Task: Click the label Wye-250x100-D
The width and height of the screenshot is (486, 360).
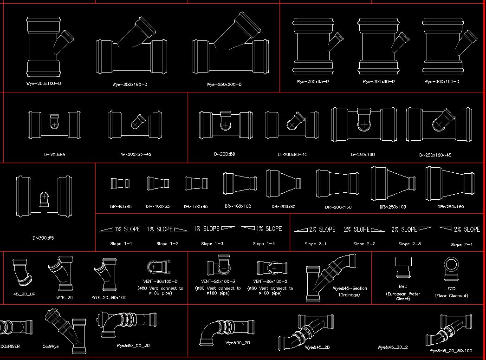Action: point(44,84)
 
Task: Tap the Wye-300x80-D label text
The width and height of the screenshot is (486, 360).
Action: point(378,82)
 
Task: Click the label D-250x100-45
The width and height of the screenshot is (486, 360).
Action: point(435,155)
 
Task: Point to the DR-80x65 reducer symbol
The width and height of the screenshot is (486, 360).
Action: point(120,183)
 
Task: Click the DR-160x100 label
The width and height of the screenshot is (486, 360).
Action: point(238,206)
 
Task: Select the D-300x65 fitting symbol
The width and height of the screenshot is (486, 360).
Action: point(44,196)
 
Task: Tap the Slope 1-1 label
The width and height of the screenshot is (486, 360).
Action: point(121,243)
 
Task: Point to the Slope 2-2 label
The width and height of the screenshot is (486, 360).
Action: point(364,243)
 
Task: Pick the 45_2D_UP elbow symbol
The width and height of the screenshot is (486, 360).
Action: point(22,273)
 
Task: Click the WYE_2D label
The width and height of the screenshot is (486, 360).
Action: point(64,297)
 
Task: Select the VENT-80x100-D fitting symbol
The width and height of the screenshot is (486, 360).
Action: point(160,267)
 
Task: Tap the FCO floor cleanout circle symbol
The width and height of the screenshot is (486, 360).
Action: point(451,268)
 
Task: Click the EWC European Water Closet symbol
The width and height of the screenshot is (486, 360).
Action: point(402,268)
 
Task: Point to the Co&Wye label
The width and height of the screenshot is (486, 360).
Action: point(51,346)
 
